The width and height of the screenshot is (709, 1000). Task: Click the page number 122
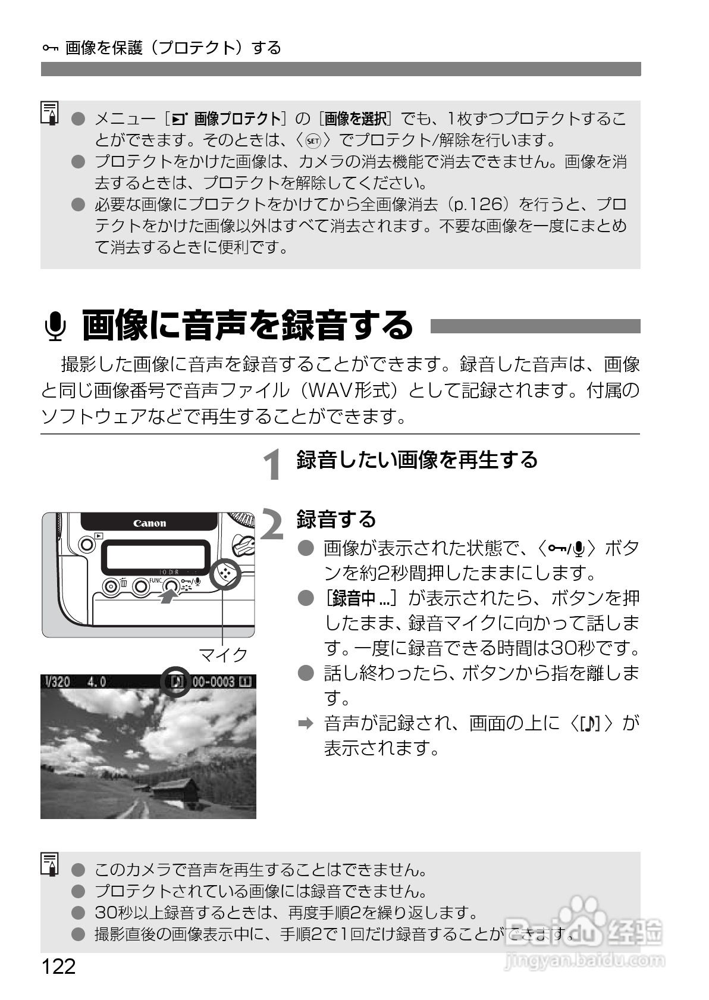click(x=58, y=966)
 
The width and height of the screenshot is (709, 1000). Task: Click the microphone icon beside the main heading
click(x=55, y=326)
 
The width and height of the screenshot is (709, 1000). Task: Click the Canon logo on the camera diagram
click(x=149, y=523)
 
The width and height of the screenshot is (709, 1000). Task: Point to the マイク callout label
click(x=223, y=654)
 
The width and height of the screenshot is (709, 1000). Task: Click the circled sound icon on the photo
click(x=176, y=681)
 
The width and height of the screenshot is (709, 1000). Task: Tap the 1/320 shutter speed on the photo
click(x=58, y=681)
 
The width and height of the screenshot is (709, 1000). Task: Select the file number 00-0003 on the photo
click(x=214, y=681)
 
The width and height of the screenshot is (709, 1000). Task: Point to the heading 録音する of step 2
click(x=336, y=519)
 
